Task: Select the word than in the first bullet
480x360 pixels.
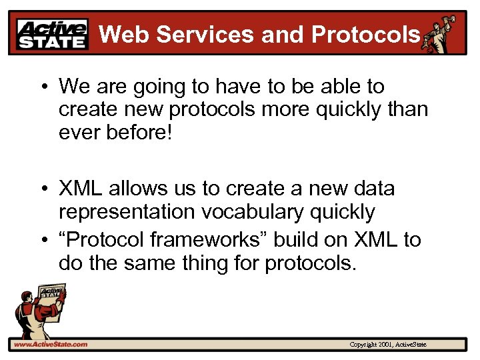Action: pyautogui.click(x=407, y=109)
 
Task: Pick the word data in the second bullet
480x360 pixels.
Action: pyautogui.click(x=373, y=189)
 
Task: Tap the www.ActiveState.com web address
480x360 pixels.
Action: pyautogui.click(x=49, y=344)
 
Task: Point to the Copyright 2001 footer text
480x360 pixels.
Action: pyautogui.click(x=387, y=344)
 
